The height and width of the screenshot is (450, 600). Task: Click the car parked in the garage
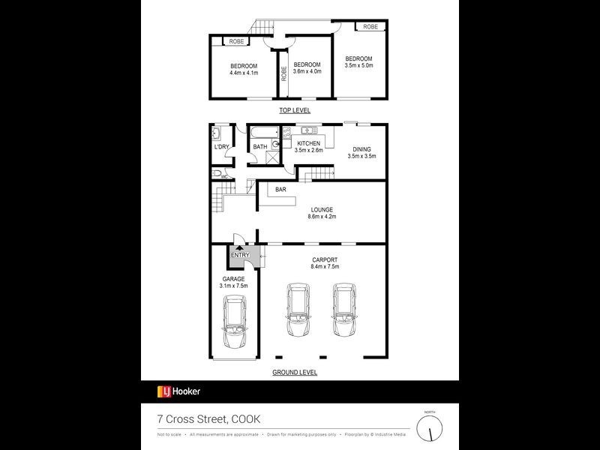click(x=235, y=323)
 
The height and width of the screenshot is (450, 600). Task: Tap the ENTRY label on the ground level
click(x=240, y=256)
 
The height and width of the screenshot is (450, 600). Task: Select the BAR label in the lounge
click(x=280, y=190)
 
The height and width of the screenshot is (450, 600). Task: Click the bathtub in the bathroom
click(x=259, y=134)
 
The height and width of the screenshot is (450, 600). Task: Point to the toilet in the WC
click(x=217, y=174)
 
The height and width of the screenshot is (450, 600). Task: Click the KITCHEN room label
click(x=308, y=143)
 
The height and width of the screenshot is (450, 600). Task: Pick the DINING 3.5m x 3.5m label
click(x=361, y=152)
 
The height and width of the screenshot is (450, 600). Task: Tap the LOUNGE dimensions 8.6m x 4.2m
click(x=322, y=217)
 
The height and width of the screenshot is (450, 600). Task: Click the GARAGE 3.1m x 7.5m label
click(x=233, y=282)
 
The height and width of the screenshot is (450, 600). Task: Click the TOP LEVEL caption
click(x=295, y=110)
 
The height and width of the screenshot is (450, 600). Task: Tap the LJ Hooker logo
click(x=178, y=391)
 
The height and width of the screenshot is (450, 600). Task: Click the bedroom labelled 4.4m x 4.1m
click(x=244, y=69)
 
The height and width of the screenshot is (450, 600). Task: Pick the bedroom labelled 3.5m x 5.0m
click(x=358, y=62)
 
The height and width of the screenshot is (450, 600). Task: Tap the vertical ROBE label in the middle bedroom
click(x=284, y=73)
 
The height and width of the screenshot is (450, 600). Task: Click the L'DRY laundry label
click(x=221, y=147)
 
